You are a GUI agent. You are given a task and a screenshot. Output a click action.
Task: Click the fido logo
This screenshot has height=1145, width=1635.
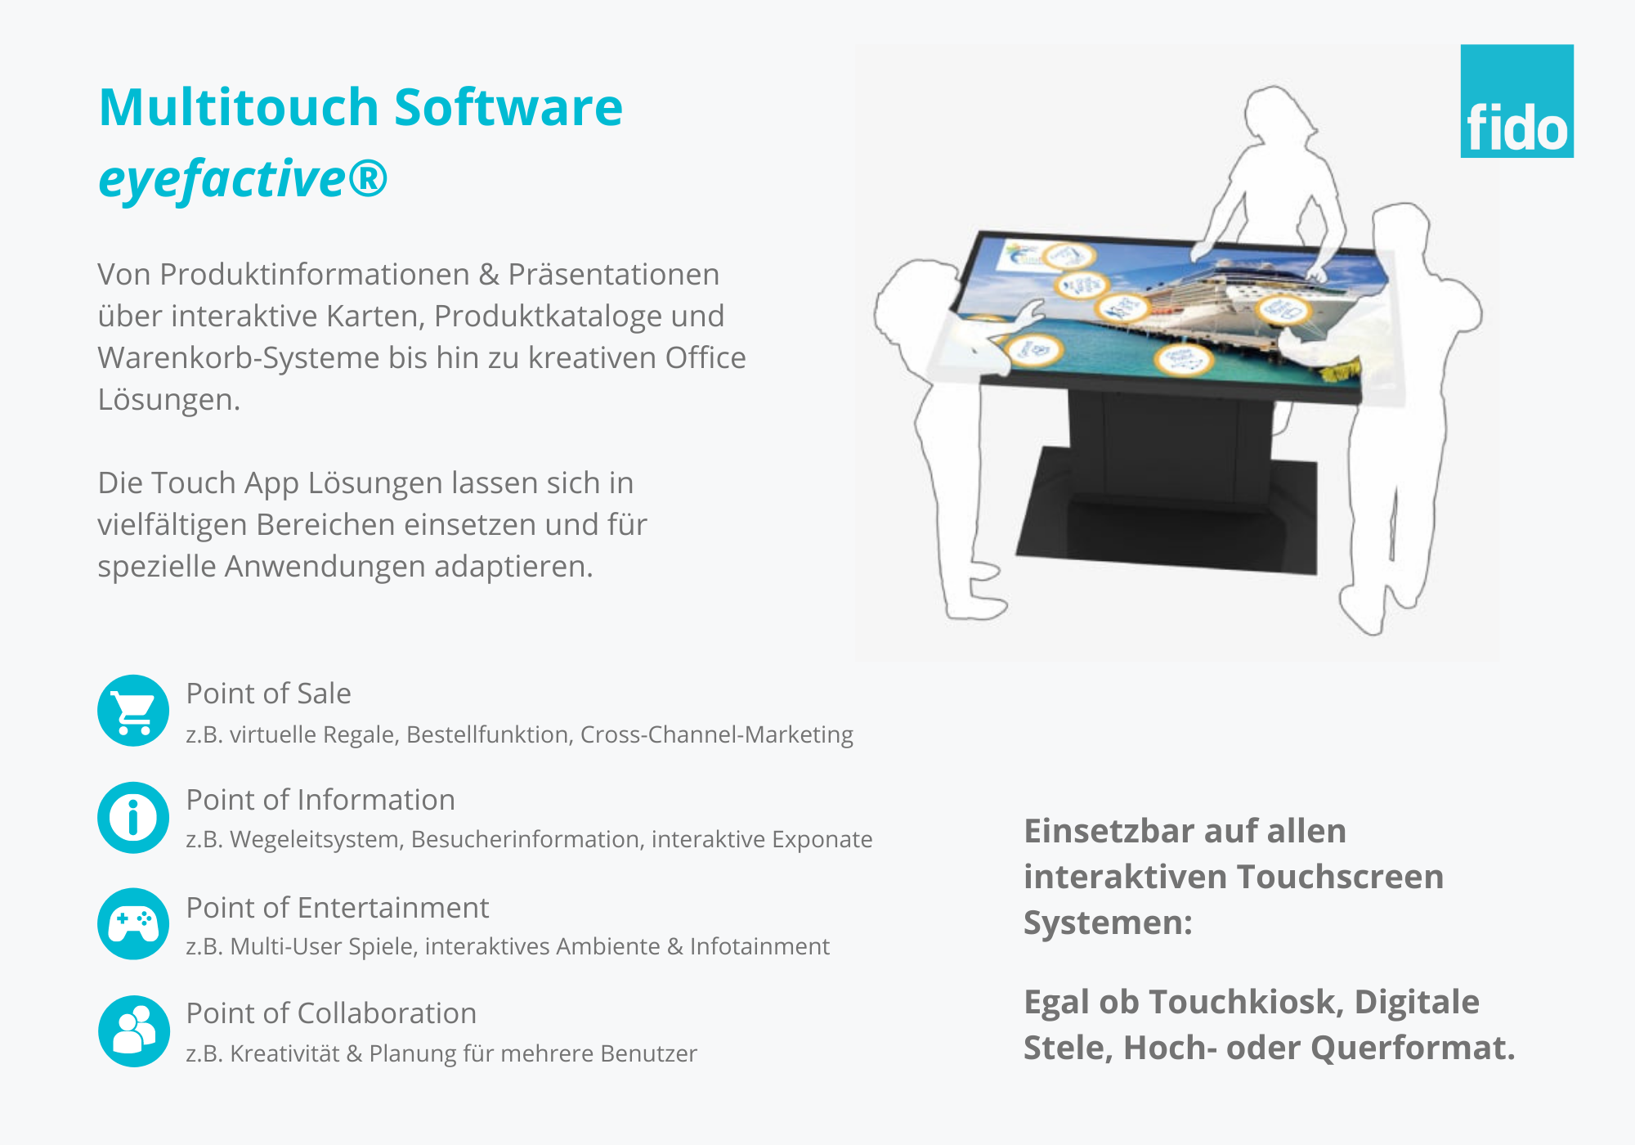[x=1516, y=101]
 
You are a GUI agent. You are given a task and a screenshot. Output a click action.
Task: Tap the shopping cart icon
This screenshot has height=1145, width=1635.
[x=133, y=710]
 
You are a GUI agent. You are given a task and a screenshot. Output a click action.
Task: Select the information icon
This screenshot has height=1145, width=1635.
[x=133, y=817]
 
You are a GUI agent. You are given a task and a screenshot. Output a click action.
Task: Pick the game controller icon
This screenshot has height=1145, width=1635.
[x=133, y=923]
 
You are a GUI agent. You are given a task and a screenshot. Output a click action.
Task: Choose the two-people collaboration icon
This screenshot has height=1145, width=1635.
[x=133, y=1030]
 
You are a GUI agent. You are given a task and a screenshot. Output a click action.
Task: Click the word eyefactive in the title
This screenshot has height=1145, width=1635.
[x=222, y=179]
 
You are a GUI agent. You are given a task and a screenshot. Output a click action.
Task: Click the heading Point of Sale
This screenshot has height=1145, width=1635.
[x=269, y=694]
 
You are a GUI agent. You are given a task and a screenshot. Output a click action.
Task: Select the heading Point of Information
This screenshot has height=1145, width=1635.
[x=320, y=800]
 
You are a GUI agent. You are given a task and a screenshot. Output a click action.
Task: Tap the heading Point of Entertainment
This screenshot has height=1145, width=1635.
[x=338, y=908]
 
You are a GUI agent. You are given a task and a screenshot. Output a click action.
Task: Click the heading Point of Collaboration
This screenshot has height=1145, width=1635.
[x=331, y=1013]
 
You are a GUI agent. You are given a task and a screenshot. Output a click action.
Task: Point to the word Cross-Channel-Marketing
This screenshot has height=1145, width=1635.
[x=717, y=734]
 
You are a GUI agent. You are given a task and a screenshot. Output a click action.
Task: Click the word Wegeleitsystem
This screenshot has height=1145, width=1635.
[x=317, y=840]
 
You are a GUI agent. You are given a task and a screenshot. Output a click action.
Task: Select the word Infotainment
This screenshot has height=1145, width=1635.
[x=759, y=946]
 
